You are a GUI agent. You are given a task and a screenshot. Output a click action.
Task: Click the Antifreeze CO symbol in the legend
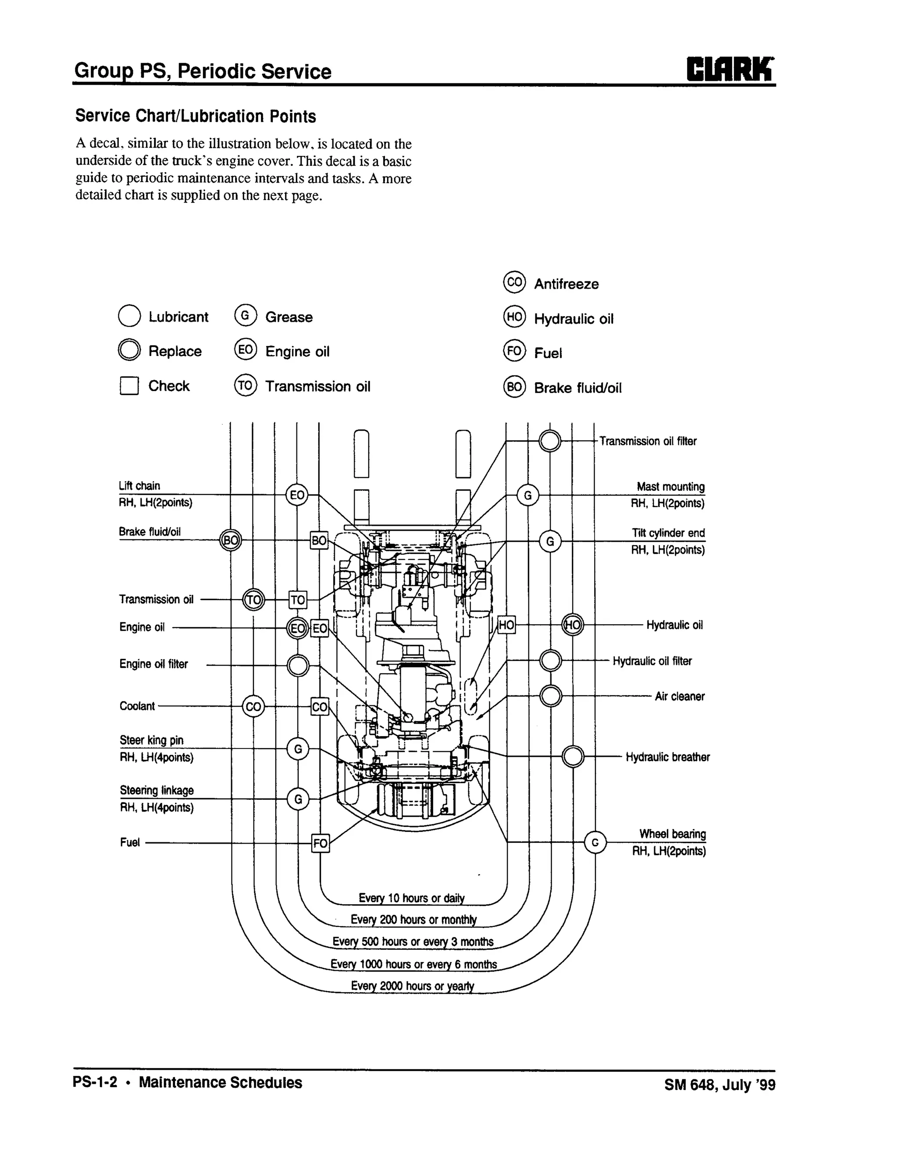tap(514, 282)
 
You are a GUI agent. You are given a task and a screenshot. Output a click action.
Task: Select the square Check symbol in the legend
tap(129, 386)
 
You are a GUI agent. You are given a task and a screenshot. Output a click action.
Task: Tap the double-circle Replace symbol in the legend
tap(129, 350)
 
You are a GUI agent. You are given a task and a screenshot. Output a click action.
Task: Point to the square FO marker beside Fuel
tap(321, 843)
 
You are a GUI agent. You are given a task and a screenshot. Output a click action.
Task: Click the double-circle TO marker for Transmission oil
tap(253, 600)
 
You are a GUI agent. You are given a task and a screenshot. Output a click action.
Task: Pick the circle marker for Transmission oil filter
tap(550, 441)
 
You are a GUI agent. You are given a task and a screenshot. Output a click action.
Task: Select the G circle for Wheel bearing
tap(595, 842)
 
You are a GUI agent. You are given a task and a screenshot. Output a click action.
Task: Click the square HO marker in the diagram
tap(506, 625)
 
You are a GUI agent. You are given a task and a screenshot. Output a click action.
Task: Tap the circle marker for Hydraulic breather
tap(573, 757)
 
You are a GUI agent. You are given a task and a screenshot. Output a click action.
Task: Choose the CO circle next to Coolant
tap(253, 706)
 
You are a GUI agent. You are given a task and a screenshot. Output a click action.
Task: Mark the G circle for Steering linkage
tap(298, 799)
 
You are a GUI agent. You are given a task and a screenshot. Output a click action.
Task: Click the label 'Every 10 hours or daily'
tap(411, 898)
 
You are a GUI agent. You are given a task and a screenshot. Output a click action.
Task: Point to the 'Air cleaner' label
tap(680, 697)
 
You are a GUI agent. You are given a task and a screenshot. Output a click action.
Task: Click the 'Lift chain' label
tap(139, 485)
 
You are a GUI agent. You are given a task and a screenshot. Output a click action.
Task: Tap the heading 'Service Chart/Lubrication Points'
tap(195, 116)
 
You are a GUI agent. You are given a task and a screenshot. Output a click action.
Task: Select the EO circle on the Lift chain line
tap(297, 495)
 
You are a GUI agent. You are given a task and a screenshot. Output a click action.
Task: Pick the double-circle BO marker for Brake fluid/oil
tap(231, 540)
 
